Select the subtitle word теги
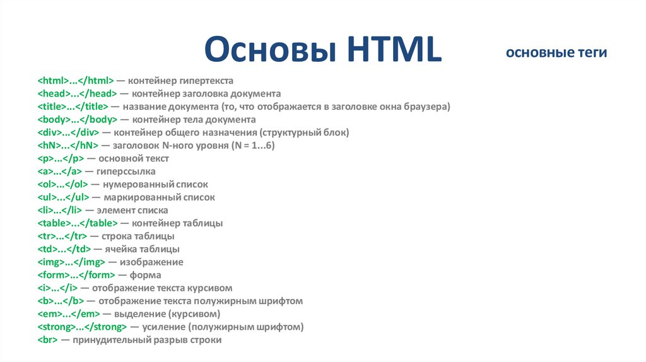[x=587, y=53]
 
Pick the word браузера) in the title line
[x=426, y=107]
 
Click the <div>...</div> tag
[x=68, y=132]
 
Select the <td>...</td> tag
[x=62, y=249]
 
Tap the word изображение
[x=153, y=262]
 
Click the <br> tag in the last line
[x=48, y=340]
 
